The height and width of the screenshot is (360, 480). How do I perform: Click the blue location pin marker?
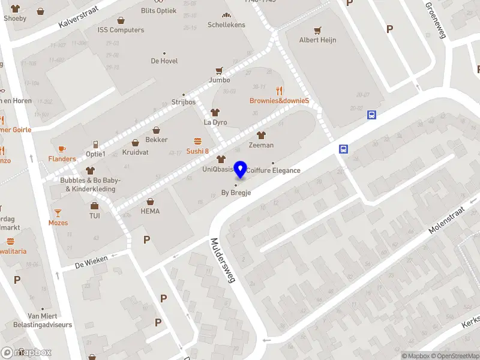(241, 169)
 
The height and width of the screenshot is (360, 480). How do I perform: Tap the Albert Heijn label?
(317, 40)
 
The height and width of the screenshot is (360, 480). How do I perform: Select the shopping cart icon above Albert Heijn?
(317, 30)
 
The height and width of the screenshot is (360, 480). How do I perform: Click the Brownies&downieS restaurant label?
(279, 101)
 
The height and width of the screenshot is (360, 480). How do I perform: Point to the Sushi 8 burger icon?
(197, 141)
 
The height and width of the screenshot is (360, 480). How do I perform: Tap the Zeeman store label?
(260, 145)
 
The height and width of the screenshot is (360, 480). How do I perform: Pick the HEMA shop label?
(150, 211)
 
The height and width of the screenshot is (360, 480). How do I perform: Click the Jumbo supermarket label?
(219, 80)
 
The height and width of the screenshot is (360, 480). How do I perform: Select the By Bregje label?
(236, 193)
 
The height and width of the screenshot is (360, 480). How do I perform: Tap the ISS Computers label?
(122, 30)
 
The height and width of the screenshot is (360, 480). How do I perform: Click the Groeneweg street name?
(436, 19)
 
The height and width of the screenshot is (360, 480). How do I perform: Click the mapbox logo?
(26, 353)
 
